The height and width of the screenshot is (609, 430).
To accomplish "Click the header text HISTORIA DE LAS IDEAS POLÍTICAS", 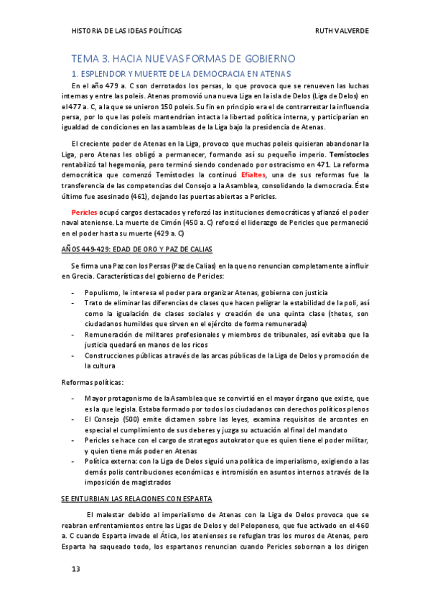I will tap(127, 31).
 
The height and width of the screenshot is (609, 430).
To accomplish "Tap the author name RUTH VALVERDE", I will tap(342, 31).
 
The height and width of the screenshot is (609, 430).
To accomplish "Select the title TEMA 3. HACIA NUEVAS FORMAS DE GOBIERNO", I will tap(183, 59).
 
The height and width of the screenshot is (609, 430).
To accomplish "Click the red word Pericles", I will tap(85, 213).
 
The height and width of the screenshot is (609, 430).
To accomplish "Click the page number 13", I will tap(75, 570).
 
